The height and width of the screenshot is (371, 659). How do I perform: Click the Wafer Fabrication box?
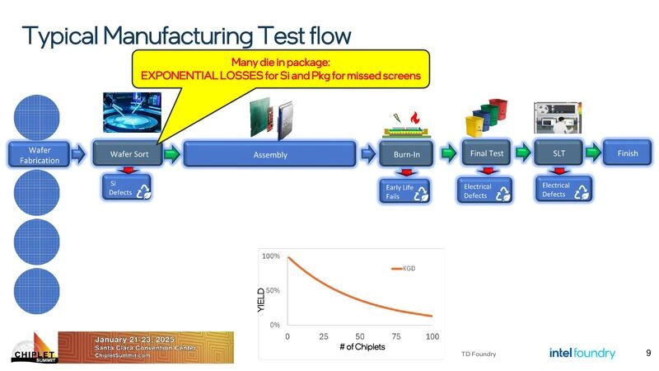(40, 154)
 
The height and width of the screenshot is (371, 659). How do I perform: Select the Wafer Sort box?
(129, 154)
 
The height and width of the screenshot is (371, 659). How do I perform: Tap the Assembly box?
(269, 154)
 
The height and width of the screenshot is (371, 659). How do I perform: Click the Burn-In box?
(406, 154)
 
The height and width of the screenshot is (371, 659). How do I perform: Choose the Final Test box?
(487, 153)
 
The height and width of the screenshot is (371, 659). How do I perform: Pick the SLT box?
(558, 153)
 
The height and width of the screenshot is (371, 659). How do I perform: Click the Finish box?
(628, 153)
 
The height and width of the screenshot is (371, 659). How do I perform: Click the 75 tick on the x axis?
(396, 336)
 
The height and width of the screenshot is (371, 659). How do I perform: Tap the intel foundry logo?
(582, 353)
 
